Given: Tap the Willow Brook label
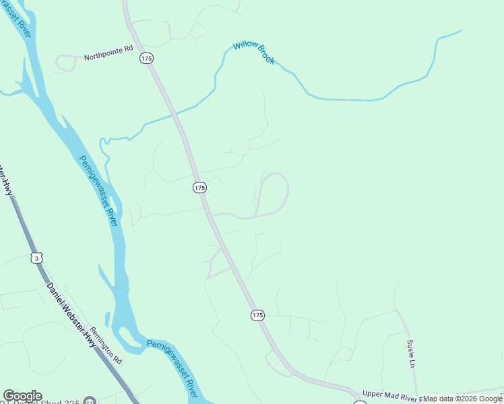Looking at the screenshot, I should click(x=254, y=53).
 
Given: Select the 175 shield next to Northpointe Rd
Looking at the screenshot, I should click(x=147, y=59).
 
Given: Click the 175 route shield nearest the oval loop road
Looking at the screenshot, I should click(x=199, y=188).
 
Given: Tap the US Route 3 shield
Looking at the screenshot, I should click(x=36, y=258).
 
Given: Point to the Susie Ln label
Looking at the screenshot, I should click(x=410, y=353).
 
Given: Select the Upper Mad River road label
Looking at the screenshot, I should click(x=391, y=395).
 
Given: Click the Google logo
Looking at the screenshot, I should click(x=22, y=396).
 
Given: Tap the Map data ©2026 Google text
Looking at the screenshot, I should click(x=462, y=399).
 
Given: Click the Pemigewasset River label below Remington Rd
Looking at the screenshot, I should click(x=172, y=367).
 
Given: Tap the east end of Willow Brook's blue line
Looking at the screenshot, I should click(x=461, y=31).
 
